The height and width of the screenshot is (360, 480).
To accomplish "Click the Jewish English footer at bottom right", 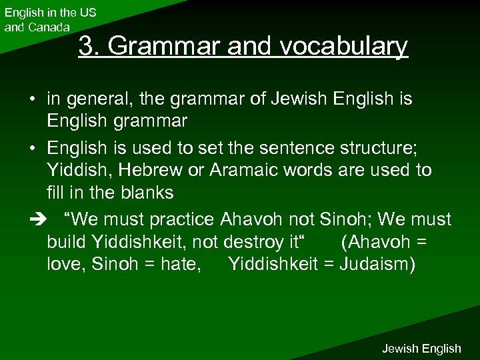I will (x=421, y=348).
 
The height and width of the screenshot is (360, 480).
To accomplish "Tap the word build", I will (x=65, y=241).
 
